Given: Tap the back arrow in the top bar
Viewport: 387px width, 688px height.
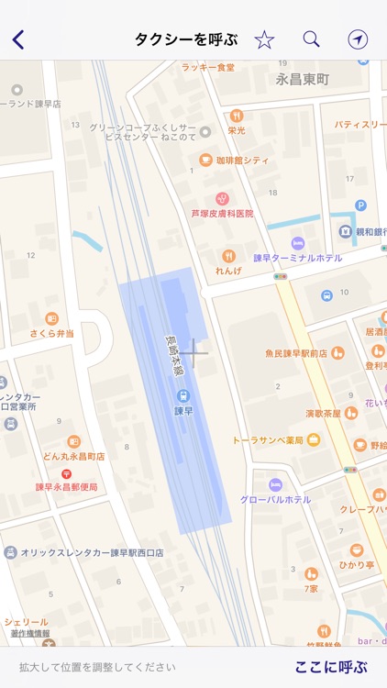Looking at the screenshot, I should tap(18, 39).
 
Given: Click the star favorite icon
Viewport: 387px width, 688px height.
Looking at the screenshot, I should tap(264, 39).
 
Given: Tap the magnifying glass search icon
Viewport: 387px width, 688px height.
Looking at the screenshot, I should tap(312, 39).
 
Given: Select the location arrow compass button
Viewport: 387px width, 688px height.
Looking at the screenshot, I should tap(358, 39).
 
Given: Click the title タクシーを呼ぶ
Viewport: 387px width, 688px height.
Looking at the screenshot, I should tap(186, 39).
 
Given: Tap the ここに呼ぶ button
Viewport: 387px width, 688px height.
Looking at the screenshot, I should tap(330, 667).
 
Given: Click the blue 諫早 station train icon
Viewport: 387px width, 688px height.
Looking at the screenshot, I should tap(183, 395).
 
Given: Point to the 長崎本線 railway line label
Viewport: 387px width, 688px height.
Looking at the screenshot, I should tap(171, 353).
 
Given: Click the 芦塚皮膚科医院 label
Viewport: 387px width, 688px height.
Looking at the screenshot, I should tap(222, 213).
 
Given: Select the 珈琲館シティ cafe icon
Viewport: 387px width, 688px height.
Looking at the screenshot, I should tap(206, 160).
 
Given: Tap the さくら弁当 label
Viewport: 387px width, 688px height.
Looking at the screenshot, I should tap(52, 333).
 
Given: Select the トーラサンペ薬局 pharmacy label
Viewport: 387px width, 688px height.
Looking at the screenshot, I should tap(267, 439).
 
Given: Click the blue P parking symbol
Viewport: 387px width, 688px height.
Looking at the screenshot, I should tap(360, 205).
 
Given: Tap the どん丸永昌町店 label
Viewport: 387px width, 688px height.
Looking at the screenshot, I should tap(73, 456).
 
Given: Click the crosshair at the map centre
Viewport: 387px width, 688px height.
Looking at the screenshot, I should tap(193, 352).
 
